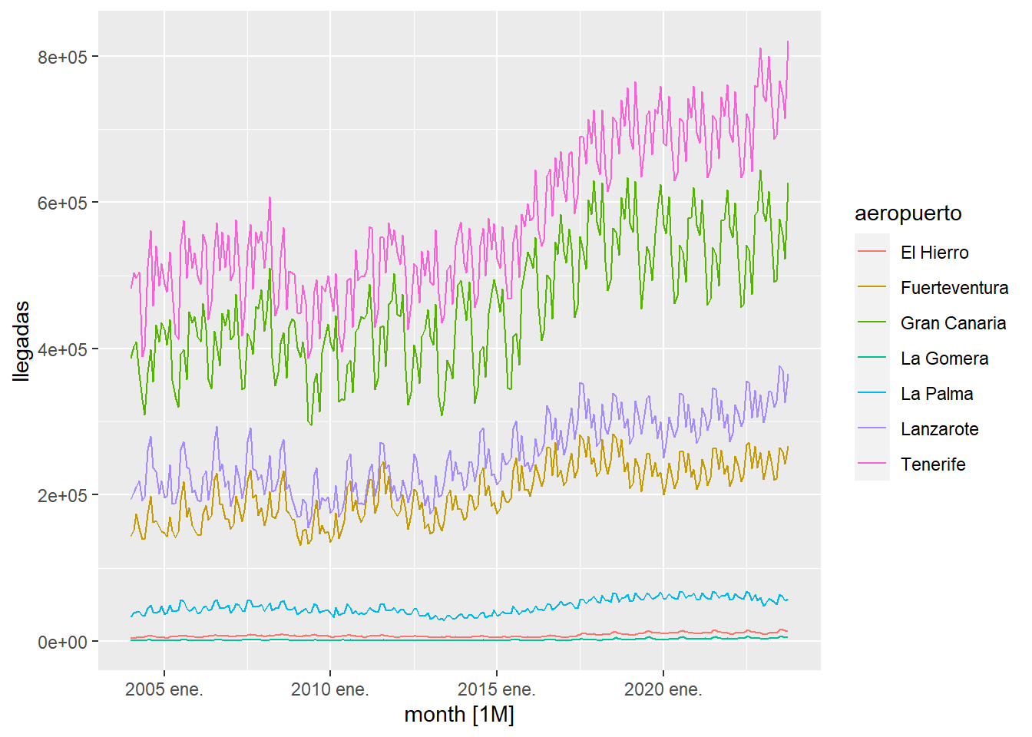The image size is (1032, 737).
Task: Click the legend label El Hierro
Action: pos(934,253)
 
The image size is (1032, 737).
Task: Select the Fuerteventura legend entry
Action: pos(954,288)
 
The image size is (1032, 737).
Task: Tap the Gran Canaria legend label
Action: pos(953,323)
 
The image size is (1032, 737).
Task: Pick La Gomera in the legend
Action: pos(944,359)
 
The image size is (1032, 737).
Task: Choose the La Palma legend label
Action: pos(936,394)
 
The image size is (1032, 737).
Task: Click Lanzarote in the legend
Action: pos(939,429)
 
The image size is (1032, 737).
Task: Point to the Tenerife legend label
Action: pos(932,464)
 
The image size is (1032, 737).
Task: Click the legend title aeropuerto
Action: pos(908,213)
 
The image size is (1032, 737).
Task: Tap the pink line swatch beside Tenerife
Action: pos(872,464)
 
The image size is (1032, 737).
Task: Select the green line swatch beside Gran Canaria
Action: pos(872,323)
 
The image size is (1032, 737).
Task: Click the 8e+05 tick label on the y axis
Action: pos(62,58)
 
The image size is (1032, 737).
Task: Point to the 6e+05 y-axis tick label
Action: pos(62,203)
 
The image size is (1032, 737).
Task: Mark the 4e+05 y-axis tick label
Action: pos(62,349)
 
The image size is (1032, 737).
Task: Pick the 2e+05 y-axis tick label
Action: pos(62,496)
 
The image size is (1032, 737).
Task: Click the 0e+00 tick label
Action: pos(62,643)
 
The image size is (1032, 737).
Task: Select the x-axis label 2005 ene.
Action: pos(164,689)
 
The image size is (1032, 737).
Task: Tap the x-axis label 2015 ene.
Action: pos(496,689)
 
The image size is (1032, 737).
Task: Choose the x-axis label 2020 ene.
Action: pos(663,689)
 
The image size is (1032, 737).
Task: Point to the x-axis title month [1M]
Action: pos(459,715)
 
